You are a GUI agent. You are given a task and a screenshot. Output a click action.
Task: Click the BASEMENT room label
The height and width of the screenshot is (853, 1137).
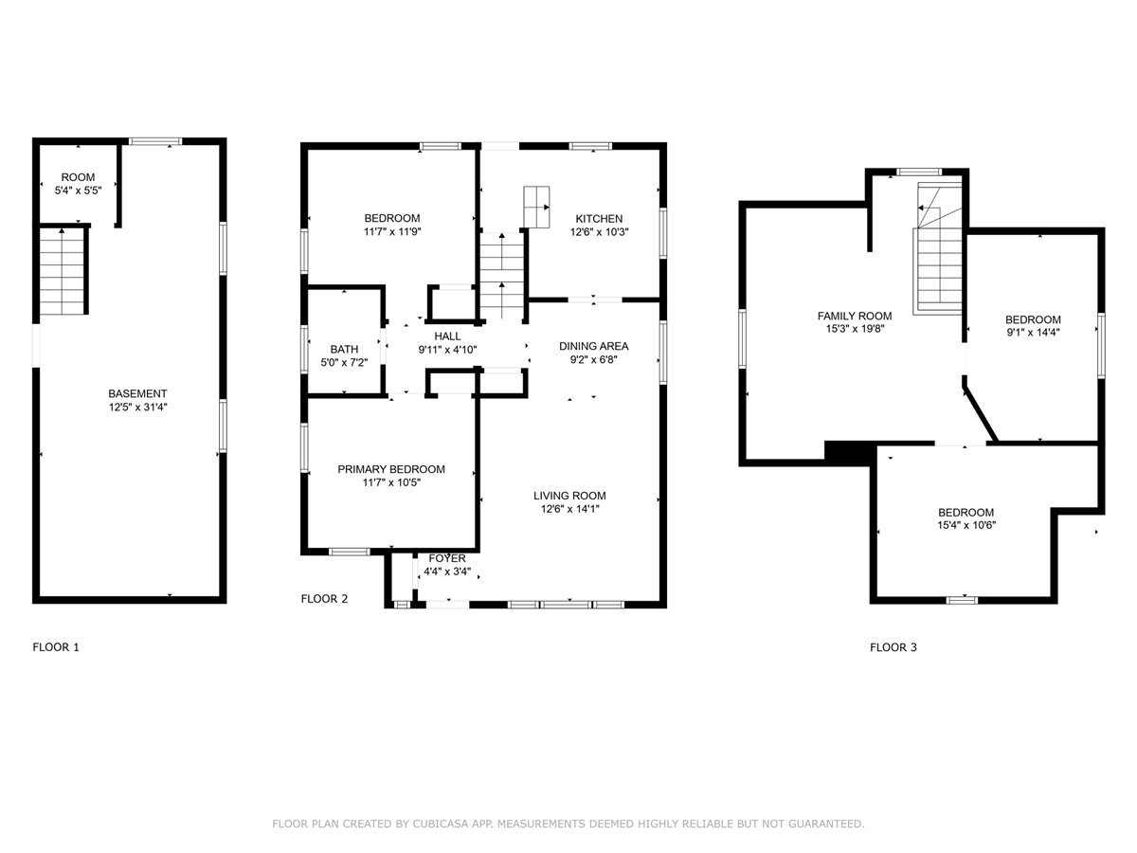pos(137,393)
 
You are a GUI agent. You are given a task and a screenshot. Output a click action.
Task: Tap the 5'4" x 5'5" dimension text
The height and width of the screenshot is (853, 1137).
pos(79,191)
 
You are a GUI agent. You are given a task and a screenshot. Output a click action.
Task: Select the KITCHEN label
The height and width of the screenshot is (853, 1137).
pos(599,219)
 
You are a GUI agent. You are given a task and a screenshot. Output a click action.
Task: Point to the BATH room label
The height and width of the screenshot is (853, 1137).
pos(344,349)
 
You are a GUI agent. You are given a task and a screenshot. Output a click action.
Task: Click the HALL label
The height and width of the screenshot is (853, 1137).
pos(447,336)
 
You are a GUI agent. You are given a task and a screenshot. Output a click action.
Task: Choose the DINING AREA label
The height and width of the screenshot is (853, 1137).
pos(594,346)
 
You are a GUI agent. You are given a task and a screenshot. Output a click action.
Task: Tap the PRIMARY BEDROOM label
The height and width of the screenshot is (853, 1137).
pos(391,469)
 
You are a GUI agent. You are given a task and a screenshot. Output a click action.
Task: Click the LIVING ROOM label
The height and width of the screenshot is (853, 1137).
pos(569,496)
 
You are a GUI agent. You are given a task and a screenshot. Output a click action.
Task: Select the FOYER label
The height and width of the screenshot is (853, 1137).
pos(447,558)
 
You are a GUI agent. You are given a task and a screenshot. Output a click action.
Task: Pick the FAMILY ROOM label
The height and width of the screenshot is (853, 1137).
pos(855,316)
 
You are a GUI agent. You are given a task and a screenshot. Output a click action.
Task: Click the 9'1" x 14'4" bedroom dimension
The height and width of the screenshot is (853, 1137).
pos(1033,333)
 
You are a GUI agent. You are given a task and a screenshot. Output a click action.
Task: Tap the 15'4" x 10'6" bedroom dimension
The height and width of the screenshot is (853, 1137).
pos(966,525)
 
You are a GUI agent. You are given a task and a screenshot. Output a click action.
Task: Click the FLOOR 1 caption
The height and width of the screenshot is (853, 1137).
pos(56,647)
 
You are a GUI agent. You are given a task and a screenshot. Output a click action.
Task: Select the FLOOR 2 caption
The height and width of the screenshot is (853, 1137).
pos(324,599)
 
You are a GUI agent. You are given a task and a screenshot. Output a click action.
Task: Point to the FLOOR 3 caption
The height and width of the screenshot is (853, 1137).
pos(893,647)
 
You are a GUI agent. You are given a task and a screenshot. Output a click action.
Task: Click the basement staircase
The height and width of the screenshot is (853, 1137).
pos(62,271)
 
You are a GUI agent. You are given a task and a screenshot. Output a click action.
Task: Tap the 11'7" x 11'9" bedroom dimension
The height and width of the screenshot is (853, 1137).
pos(392,231)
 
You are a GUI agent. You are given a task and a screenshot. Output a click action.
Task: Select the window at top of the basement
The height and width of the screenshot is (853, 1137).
pos(155,141)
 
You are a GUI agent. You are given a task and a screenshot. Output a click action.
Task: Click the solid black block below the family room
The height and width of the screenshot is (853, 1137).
pos(847,452)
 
